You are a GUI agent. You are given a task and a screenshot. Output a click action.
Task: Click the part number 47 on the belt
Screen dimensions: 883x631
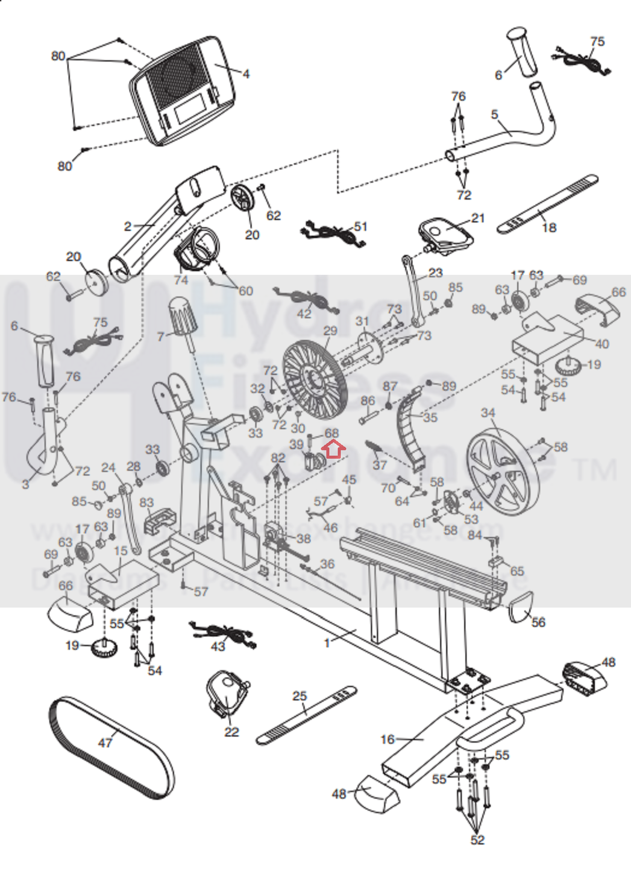[105, 742]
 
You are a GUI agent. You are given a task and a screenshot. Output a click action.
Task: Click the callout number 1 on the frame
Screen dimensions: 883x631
[327, 643]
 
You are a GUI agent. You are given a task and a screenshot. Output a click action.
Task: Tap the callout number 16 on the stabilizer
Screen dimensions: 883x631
[387, 739]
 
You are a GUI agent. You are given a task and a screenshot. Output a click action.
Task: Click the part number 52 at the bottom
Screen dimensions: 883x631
[477, 840]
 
